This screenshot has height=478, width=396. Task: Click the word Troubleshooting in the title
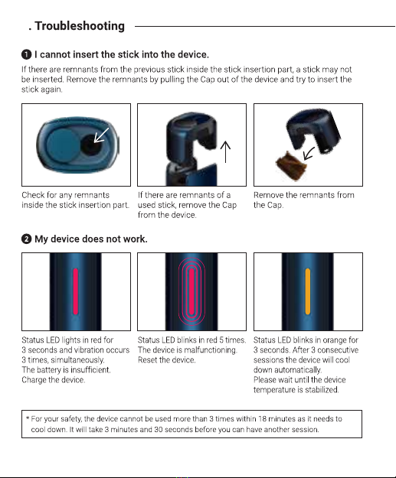click(80, 26)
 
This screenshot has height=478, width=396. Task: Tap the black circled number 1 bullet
click(27, 54)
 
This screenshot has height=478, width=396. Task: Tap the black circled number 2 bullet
click(27, 239)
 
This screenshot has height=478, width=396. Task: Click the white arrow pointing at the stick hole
click(101, 135)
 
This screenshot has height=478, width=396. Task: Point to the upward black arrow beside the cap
click(225, 151)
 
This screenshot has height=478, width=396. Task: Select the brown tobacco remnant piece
click(291, 166)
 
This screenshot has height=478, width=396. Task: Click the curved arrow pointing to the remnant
click(309, 153)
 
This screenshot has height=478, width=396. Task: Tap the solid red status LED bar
click(75, 291)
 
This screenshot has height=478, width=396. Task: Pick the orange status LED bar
click(308, 291)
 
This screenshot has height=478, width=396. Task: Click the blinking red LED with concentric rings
click(191, 291)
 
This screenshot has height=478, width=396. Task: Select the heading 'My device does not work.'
click(91, 239)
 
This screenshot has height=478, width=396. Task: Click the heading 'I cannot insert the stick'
click(122, 54)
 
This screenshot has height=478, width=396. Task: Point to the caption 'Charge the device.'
click(53, 380)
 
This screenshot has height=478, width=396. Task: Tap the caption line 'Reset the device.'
click(167, 360)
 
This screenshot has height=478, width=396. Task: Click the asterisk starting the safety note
click(28, 418)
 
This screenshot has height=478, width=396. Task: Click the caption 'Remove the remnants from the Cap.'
click(304, 200)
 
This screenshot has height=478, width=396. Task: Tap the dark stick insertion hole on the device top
click(90, 145)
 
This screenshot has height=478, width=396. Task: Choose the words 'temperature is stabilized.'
click(296, 390)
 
